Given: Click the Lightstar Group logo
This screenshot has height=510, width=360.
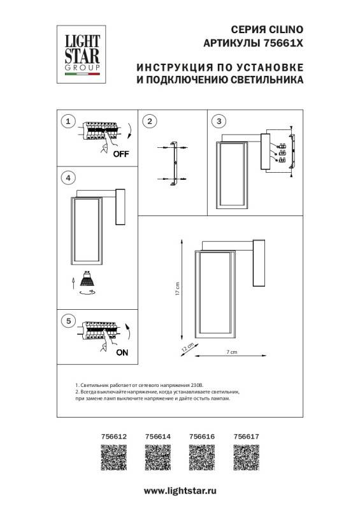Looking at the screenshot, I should (80, 50).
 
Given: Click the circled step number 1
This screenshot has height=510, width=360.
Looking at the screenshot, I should (68, 120).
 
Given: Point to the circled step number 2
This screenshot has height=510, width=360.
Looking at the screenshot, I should (149, 120).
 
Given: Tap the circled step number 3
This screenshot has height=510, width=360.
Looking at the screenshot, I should (219, 120).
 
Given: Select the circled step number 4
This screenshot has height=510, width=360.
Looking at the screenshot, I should (68, 177).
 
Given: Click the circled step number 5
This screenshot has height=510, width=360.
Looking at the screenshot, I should (68, 321).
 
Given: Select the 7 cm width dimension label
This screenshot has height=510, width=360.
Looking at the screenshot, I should (231, 352).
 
